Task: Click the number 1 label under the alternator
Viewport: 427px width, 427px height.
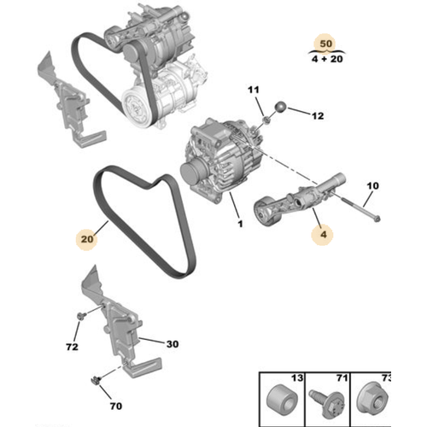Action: (240, 224)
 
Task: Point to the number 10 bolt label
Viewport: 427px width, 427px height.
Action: (372, 185)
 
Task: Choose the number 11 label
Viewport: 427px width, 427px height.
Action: (253, 91)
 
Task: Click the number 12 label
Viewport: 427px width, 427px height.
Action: (318, 114)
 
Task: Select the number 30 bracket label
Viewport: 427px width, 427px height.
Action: (172, 344)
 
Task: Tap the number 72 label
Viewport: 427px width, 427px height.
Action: (72, 348)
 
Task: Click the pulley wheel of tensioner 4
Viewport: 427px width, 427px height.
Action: (266, 209)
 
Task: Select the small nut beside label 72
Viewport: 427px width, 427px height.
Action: (79, 319)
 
